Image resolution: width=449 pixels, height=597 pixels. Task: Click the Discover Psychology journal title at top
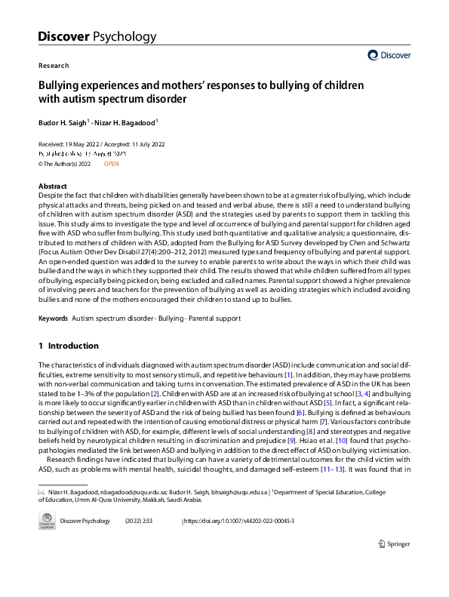tap(97, 36)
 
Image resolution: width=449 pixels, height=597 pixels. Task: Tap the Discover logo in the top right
tap(389, 55)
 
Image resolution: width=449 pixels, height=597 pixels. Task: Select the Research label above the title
tap(54, 66)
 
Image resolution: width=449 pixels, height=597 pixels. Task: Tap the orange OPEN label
tap(112, 163)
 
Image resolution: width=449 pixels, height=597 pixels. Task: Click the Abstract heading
tap(52, 186)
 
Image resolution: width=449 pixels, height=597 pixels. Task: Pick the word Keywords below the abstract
tap(53, 319)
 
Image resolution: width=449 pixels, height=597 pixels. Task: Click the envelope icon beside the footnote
tap(42, 491)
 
